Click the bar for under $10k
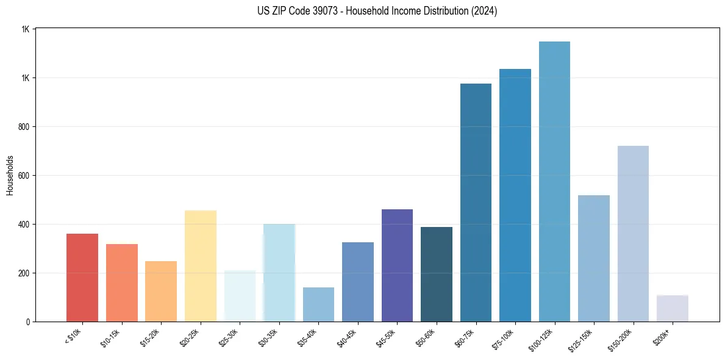82,278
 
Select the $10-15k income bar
122,283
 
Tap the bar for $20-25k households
201,266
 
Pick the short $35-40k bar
318,304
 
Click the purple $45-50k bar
397,265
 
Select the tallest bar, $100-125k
554,181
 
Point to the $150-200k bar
633,234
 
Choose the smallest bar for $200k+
672,308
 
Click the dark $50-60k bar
437,274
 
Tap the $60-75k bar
476,203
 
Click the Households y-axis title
10,175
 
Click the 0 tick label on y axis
27,322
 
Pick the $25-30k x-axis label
229,337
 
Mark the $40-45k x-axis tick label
347,337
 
